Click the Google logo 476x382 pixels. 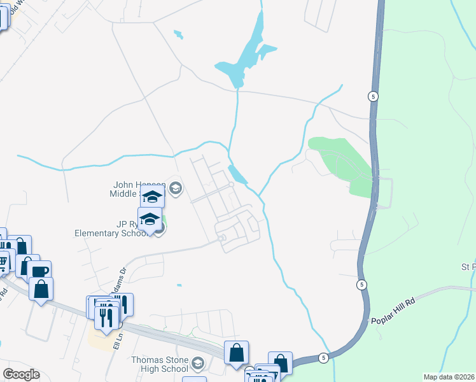pos(21,374)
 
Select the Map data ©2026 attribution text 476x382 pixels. pos(449,377)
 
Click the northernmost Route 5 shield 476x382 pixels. pos(373,97)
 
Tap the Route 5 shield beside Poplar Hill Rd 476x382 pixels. pos(361,284)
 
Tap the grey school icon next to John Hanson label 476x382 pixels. pos(176,187)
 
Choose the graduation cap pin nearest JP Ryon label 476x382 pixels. pos(150,220)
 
